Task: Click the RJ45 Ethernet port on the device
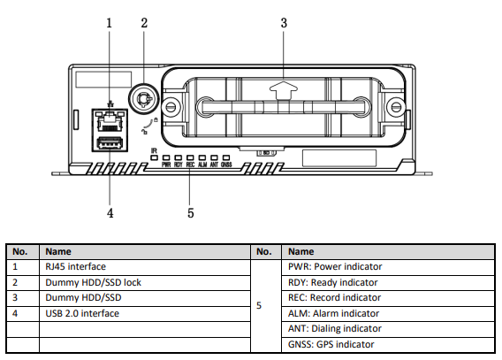(x=110, y=121)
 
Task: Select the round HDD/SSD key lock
(x=143, y=99)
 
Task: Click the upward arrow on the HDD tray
(x=284, y=90)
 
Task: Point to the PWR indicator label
(x=166, y=165)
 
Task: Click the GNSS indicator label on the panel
(x=226, y=165)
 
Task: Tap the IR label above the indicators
(x=154, y=150)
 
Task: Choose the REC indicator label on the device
(x=190, y=165)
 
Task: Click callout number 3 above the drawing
(x=284, y=23)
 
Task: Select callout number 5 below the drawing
(x=191, y=213)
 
